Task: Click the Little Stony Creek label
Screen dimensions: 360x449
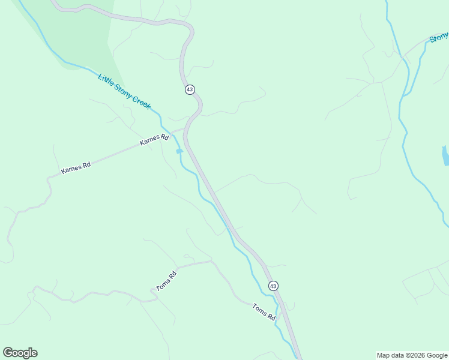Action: (x=124, y=91)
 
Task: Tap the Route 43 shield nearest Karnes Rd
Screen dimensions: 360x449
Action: (x=190, y=89)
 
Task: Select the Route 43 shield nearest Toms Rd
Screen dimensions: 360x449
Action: (x=273, y=286)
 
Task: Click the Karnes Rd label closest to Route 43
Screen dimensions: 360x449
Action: (x=154, y=140)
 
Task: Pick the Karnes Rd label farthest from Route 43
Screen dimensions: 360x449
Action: (x=76, y=167)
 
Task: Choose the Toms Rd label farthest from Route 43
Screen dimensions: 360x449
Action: (x=167, y=282)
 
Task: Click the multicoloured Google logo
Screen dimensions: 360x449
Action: (x=20, y=353)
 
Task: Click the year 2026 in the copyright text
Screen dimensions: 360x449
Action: (x=418, y=355)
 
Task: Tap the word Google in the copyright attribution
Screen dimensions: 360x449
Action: (x=438, y=355)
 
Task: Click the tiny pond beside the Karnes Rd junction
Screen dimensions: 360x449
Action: (x=179, y=151)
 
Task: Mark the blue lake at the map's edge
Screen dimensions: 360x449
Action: (x=445, y=156)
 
